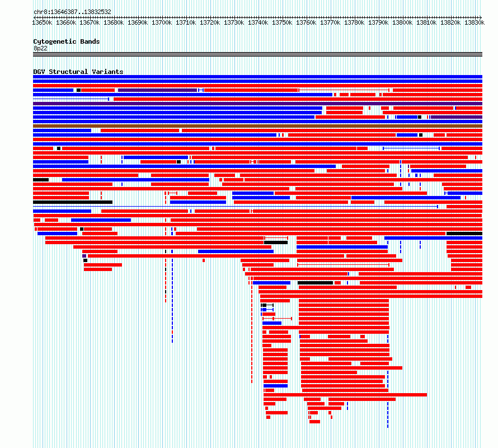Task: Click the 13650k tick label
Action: [42, 22]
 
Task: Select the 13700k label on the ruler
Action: [162, 22]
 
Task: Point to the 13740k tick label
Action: [258, 22]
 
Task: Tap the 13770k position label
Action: [330, 22]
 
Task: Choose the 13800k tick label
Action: [402, 22]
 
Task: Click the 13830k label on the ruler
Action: [474, 22]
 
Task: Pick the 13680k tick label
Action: [114, 22]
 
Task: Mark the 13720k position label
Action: [210, 22]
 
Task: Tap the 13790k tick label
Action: [378, 22]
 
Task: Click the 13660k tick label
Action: [66, 22]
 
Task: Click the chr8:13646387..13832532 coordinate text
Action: [72, 12]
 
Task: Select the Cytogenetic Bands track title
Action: [67, 41]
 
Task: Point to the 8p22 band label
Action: [40, 48]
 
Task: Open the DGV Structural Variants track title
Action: [78, 72]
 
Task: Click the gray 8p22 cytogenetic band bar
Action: [257, 54]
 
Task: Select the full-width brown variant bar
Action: [257, 126]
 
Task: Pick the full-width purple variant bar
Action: [257, 104]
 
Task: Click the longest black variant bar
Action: [73, 202]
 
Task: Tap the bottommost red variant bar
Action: [314, 422]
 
